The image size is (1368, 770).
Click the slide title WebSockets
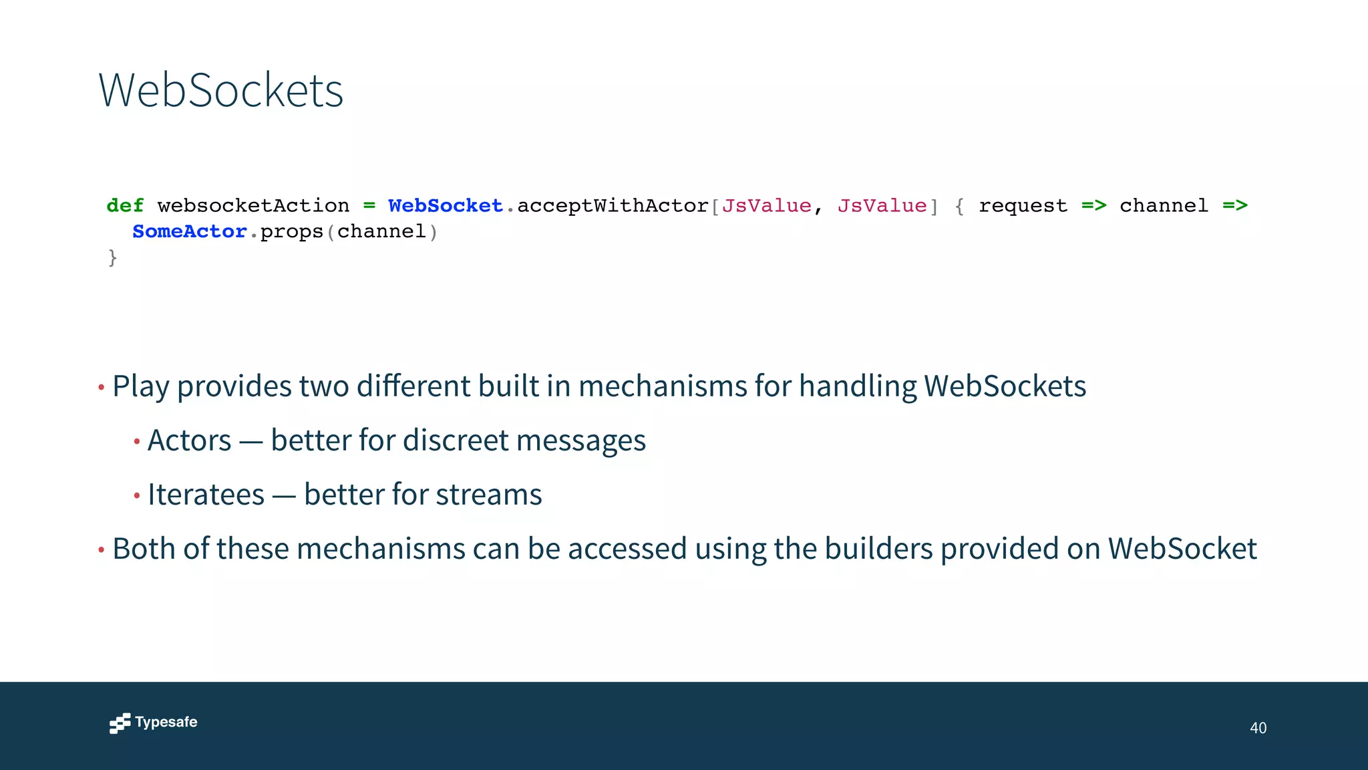(x=220, y=90)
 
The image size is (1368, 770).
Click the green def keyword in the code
(x=125, y=206)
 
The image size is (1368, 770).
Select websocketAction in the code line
(x=253, y=206)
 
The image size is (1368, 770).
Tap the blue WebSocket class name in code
(x=445, y=206)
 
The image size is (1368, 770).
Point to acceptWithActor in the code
(x=613, y=206)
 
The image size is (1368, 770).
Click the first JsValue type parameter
(x=766, y=206)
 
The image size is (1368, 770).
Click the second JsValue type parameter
(x=882, y=206)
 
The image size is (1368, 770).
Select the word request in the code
(x=1023, y=206)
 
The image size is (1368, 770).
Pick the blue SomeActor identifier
(x=190, y=231)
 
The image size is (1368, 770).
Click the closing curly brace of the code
(x=112, y=257)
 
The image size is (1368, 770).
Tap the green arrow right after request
(x=1094, y=206)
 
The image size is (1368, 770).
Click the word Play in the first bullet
(x=140, y=386)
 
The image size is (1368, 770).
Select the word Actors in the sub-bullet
(x=190, y=440)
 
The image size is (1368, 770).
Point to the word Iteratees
(x=206, y=495)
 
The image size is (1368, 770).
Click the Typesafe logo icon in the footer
(x=120, y=723)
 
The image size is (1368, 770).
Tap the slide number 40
(x=1258, y=728)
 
